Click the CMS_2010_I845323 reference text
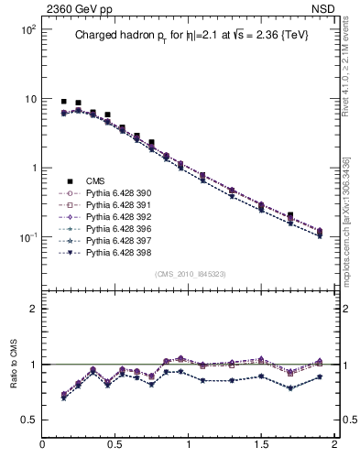[191, 274]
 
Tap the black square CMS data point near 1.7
[290, 216]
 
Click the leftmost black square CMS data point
[63, 102]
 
